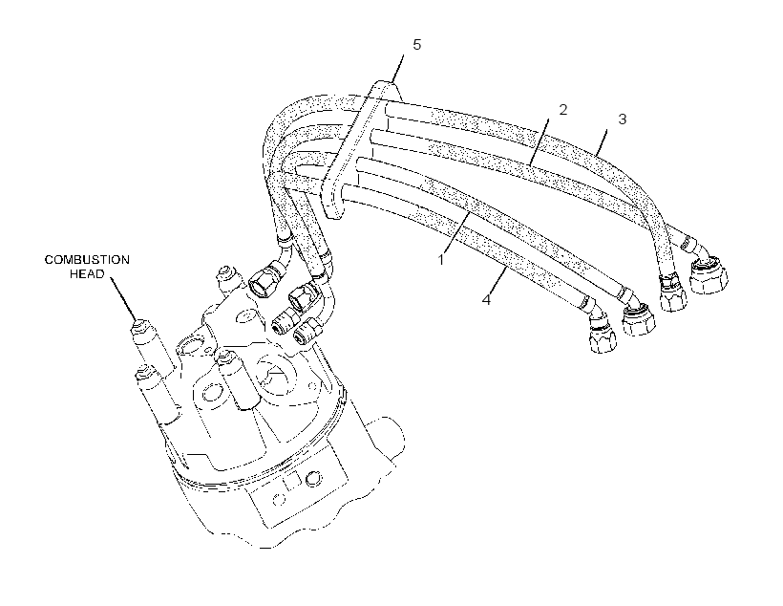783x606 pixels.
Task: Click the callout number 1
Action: point(441,260)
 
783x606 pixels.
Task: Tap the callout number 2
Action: point(563,110)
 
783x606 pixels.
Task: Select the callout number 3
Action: point(623,119)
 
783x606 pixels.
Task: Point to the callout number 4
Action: point(486,300)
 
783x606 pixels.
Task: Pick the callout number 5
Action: point(417,45)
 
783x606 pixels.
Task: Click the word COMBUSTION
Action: point(88,260)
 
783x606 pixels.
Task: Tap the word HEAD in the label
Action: point(88,274)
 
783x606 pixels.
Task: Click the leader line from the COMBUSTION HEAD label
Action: point(123,299)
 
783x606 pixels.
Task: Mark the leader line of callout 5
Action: point(397,70)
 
